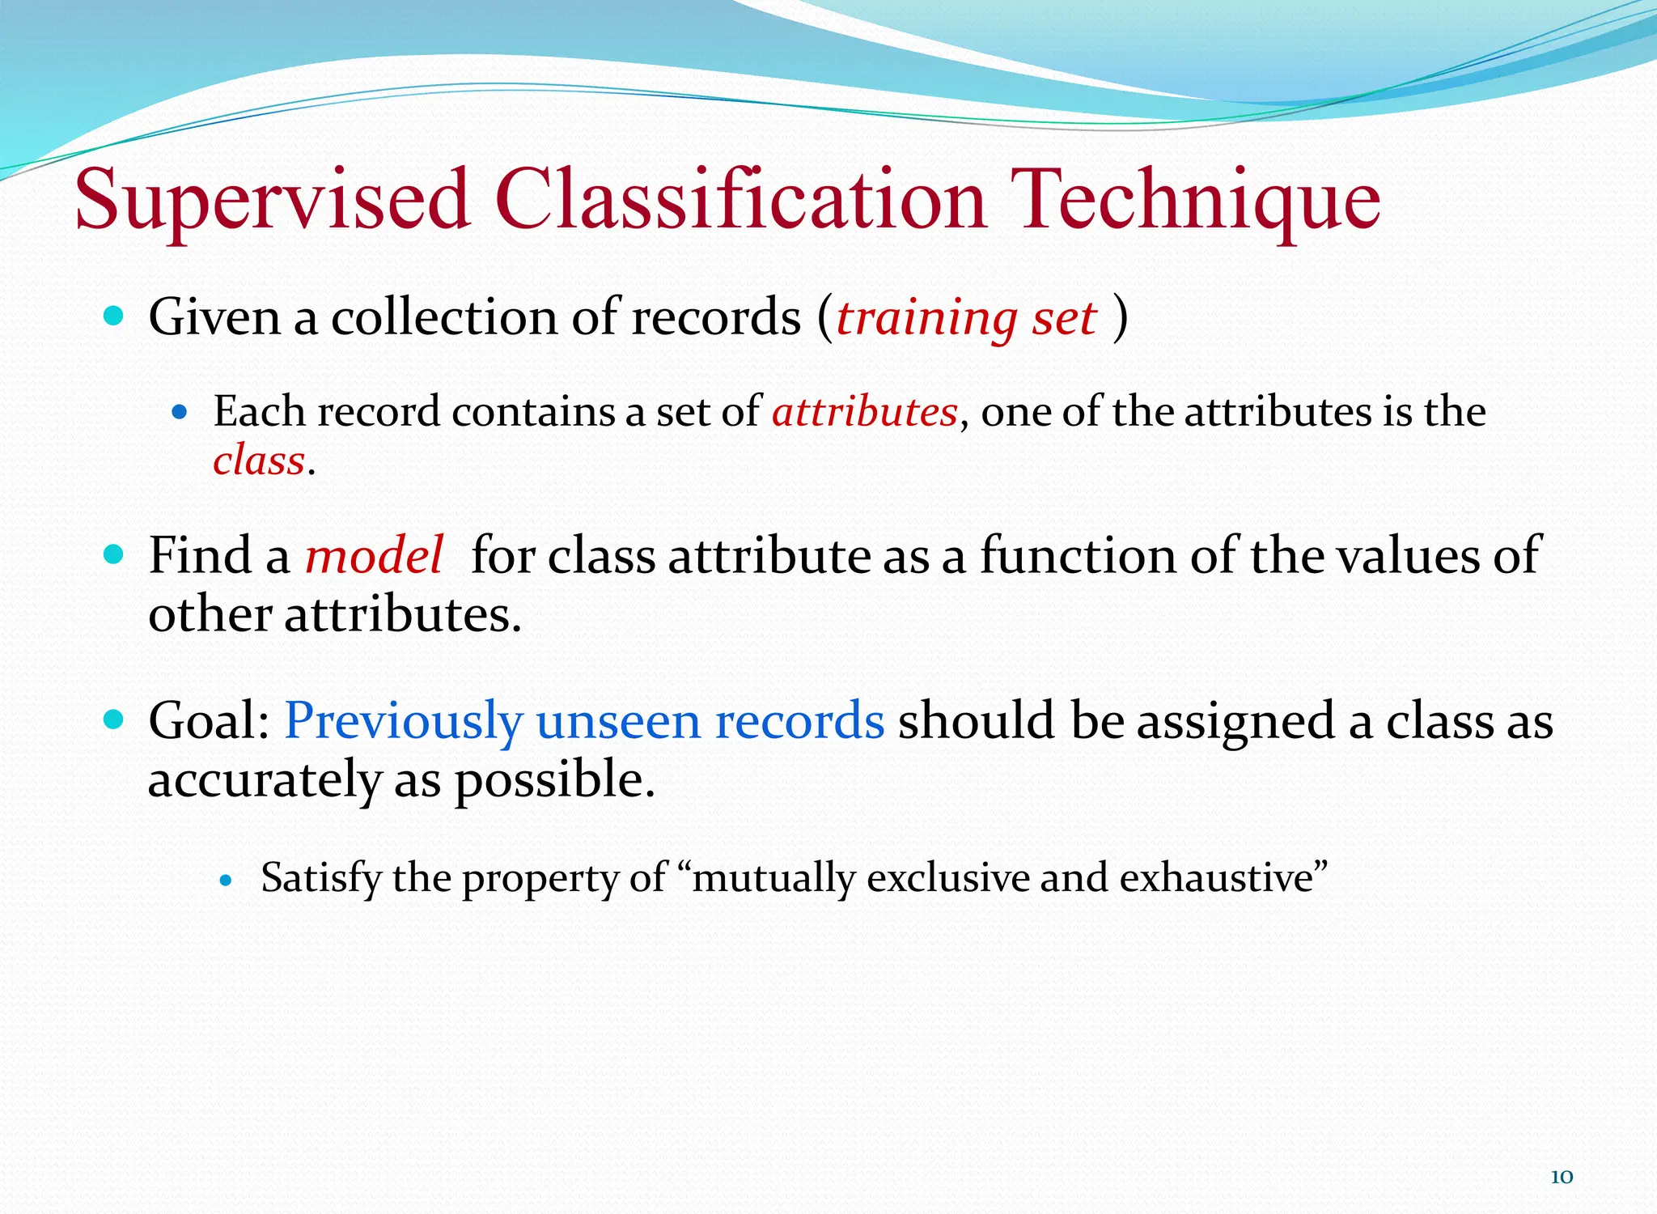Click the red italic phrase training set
966,318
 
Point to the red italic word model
374,556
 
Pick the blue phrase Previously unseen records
584,720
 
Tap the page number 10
1561,1177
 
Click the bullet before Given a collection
114,315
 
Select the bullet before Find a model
114,554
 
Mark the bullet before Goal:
114,719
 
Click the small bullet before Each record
180,412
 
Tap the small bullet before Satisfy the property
227,880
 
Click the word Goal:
209,720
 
